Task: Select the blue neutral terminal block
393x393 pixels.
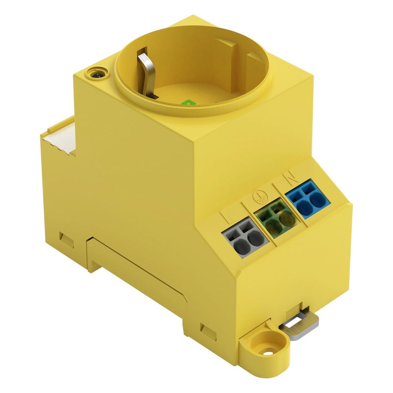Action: pos(308,199)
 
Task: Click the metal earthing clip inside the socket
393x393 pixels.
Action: pos(145,73)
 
